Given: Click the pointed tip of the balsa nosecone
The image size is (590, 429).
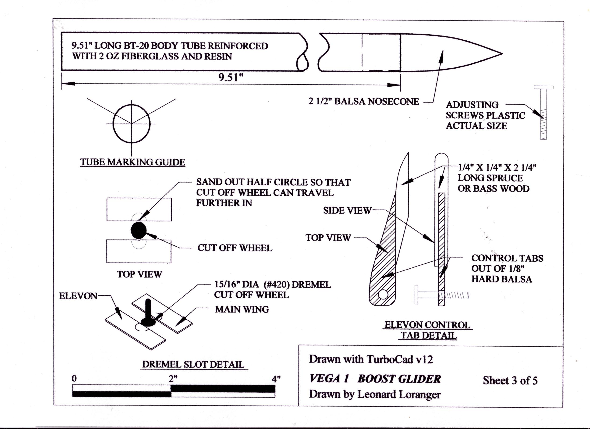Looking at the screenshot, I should click(x=501, y=54).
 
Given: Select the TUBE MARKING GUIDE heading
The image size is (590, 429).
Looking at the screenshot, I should click(x=132, y=162).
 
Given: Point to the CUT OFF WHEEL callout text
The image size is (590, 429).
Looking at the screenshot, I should click(x=235, y=248).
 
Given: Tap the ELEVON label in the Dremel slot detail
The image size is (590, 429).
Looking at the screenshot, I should click(x=78, y=296).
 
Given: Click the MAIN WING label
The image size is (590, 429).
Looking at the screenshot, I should click(x=242, y=309).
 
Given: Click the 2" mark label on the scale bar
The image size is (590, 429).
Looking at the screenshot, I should click(x=173, y=379).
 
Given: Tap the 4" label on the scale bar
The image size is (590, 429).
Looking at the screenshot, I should click(x=276, y=379).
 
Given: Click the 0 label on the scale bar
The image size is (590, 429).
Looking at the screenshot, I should click(x=75, y=379).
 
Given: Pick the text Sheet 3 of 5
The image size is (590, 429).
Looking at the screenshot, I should click(x=510, y=381).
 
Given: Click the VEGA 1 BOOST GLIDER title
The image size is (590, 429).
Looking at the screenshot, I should click(x=375, y=379).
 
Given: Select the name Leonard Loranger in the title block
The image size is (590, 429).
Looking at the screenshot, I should click(x=399, y=395).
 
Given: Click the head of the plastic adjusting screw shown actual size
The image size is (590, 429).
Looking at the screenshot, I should click(x=544, y=87).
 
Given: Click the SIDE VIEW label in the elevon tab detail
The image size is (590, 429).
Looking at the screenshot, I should click(x=347, y=211).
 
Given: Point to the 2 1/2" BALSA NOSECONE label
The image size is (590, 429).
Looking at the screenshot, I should click(x=363, y=102).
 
